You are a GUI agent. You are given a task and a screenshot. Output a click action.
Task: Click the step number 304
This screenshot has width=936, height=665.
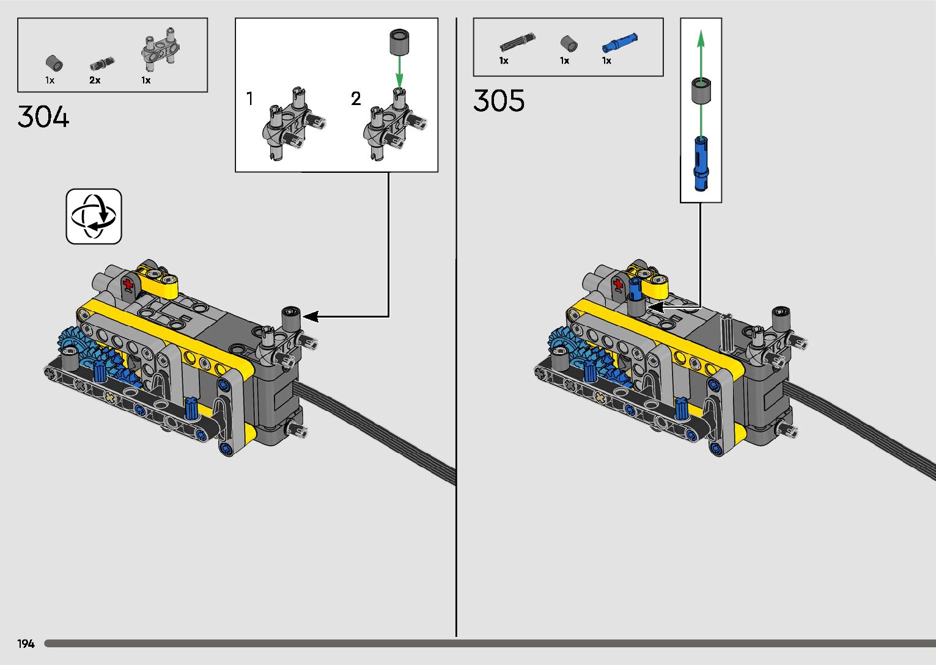(43, 117)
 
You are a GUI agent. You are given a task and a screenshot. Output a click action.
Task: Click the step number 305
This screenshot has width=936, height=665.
(498, 101)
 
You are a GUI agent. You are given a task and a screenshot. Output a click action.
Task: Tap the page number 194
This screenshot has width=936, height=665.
(26, 644)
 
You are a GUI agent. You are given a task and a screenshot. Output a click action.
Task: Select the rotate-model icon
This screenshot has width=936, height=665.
(94, 216)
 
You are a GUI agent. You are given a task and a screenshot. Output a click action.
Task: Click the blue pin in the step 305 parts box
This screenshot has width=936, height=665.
(620, 42)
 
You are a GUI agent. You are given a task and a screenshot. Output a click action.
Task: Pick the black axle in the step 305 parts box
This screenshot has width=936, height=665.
(517, 42)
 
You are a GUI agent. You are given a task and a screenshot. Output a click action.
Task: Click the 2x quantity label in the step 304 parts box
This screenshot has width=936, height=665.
(95, 80)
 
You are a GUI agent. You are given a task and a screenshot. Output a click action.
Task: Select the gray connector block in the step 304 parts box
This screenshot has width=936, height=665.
(160, 49)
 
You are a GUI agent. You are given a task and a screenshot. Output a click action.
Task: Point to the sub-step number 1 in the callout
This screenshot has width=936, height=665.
(249, 99)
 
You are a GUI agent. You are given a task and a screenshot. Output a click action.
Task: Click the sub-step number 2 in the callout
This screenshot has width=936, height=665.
(356, 99)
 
